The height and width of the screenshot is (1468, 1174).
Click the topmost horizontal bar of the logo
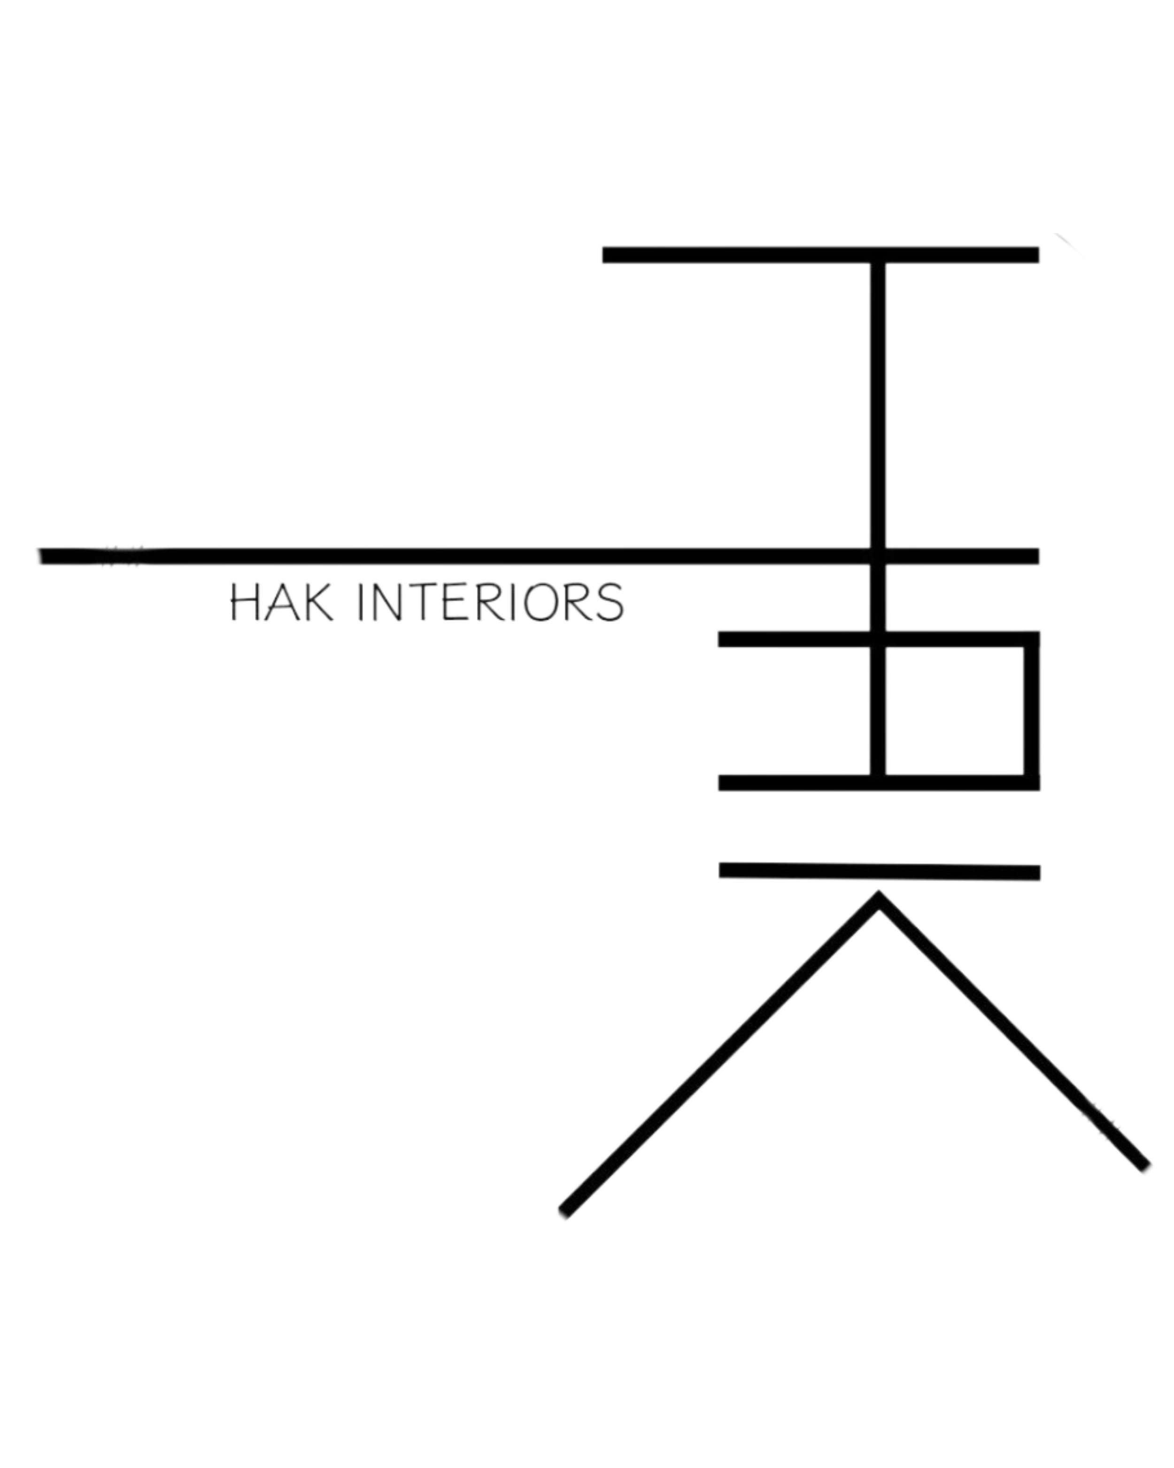click(817, 255)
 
